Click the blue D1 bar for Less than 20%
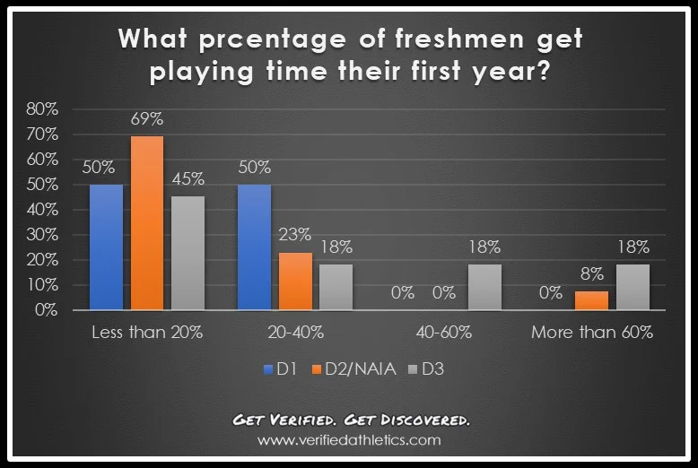106,247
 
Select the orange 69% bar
147,222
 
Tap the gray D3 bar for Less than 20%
188,253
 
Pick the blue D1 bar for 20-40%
254,247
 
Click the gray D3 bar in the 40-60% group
484,287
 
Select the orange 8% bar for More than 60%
590,299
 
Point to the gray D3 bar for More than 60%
632,287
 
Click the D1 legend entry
278,368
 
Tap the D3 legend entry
426,368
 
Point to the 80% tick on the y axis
42,109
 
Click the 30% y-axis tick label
42,235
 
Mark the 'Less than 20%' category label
147,333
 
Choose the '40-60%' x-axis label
443,333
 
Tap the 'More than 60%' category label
591,333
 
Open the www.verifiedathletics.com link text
349,440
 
